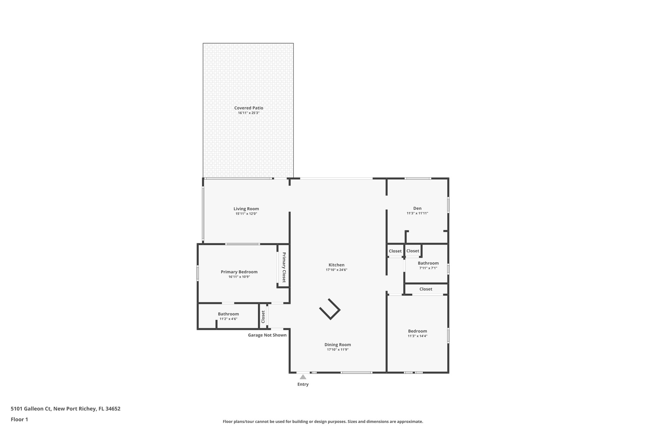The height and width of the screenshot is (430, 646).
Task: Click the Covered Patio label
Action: coord(249,108)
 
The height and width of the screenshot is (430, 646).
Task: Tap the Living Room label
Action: coord(246,209)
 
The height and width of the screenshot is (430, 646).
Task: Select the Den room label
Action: coord(417,208)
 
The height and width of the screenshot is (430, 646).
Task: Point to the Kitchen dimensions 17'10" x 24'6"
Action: coord(336,270)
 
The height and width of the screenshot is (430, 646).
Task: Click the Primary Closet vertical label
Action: coord(284,267)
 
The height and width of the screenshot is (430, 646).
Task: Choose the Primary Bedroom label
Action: coord(239,272)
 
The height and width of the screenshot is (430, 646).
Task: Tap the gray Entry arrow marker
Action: coord(303,377)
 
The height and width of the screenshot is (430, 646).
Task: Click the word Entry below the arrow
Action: coord(303,384)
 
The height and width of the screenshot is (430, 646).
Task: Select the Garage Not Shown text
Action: coord(267,335)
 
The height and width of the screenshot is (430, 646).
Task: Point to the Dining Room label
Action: coord(338,345)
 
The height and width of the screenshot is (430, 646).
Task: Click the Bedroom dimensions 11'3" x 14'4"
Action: coord(417,336)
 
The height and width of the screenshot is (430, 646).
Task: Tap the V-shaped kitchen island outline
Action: coord(330,309)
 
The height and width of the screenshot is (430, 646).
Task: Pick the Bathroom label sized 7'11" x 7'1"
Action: coord(428,263)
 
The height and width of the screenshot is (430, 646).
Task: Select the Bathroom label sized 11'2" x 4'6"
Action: coord(228,314)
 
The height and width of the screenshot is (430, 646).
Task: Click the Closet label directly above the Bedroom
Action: coord(426,289)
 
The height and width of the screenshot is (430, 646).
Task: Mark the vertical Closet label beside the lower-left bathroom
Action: coord(263,317)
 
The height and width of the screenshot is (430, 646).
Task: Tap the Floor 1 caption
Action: coord(19,420)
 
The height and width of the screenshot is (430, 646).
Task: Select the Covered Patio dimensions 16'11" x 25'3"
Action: coord(249,113)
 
